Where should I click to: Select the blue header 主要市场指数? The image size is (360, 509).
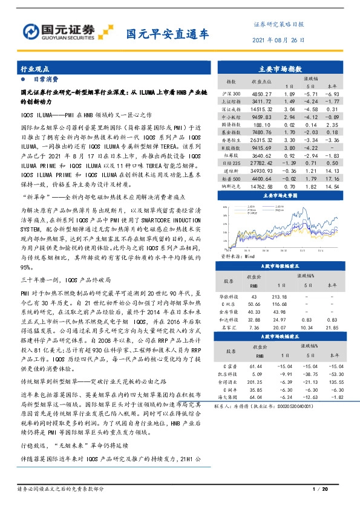[x=281, y=68]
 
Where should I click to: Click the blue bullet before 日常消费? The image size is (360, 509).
[x=24, y=79]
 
